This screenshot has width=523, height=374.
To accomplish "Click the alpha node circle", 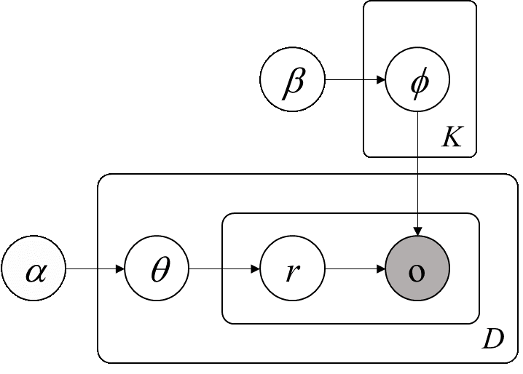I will [34, 270].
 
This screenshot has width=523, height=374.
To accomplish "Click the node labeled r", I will [292, 270].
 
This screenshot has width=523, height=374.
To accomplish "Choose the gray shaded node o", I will [417, 270].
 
